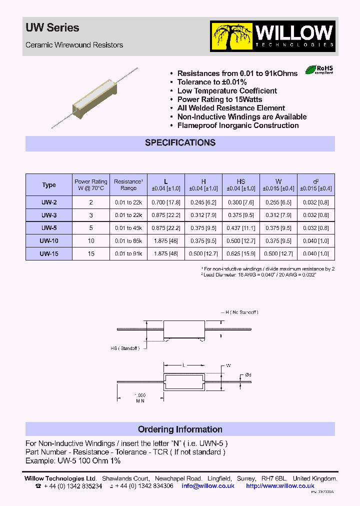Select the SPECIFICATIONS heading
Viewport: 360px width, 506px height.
pyautogui.click(x=180, y=143)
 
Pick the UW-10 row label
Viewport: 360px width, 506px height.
pyautogui.click(x=49, y=241)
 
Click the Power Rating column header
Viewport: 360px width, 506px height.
pyautogui.click(x=91, y=185)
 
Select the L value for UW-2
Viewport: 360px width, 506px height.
pyautogui.click(x=166, y=202)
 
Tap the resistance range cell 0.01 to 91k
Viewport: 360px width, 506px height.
pyautogui.click(x=128, y=254)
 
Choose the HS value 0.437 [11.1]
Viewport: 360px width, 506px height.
pyautogui.click(x=241, y=228)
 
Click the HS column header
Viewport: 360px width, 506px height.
pyautogui.click(x=241, y=185)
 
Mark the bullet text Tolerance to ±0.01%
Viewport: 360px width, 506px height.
pyautogui.click(x=212, y=82)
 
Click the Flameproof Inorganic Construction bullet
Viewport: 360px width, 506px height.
pyautogui.click(x=238, y=125)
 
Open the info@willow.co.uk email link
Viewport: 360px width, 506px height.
pyautogui.click(x=208, y=485)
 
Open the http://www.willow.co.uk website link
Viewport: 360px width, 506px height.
pyautogui.click(x=280, y=485)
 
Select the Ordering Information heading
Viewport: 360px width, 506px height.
pyautogui.click(x=180, y=429)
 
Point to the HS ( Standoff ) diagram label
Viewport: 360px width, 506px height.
pyautogui.click(x=125, y=348)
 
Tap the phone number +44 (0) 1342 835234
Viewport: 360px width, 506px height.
pyautogui.click(x=73, y=485)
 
